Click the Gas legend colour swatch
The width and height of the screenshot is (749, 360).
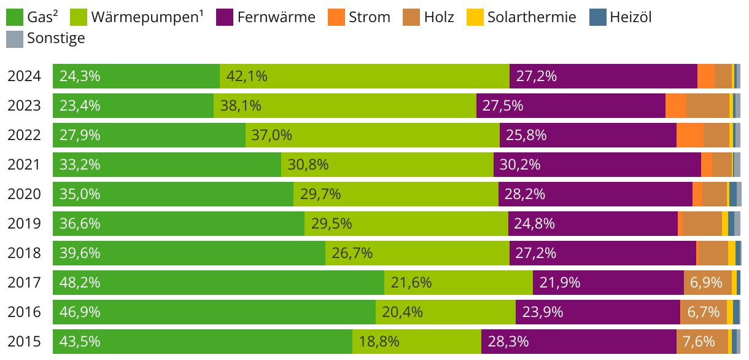(x=15, y=17)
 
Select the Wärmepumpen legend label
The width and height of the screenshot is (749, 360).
(x=147, y=17)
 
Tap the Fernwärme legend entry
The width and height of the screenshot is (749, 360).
(x=276, y=17)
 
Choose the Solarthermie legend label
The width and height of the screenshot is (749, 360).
(x=532, y=17)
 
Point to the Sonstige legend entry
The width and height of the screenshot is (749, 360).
(x=56, y=39)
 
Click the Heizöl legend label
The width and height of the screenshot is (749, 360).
(x=631, y=17)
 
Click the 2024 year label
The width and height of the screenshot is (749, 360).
(x=24, y=76)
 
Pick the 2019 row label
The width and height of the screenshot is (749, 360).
(x=24, y=224)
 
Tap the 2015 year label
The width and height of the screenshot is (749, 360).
(x=24, y=342)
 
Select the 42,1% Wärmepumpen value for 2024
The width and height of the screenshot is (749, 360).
(x=247, y=76)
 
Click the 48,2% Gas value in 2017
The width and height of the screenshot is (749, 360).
(x=80, y=283)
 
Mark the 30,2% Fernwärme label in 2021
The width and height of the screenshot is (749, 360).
(x=520, y=165)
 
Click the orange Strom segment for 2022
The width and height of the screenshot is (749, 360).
(x=689, y=135)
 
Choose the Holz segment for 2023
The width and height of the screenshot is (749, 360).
(x=707, y=106)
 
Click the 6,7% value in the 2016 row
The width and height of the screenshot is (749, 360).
(x=704, y=312)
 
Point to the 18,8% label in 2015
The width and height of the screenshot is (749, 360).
(x=379, y=342)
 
